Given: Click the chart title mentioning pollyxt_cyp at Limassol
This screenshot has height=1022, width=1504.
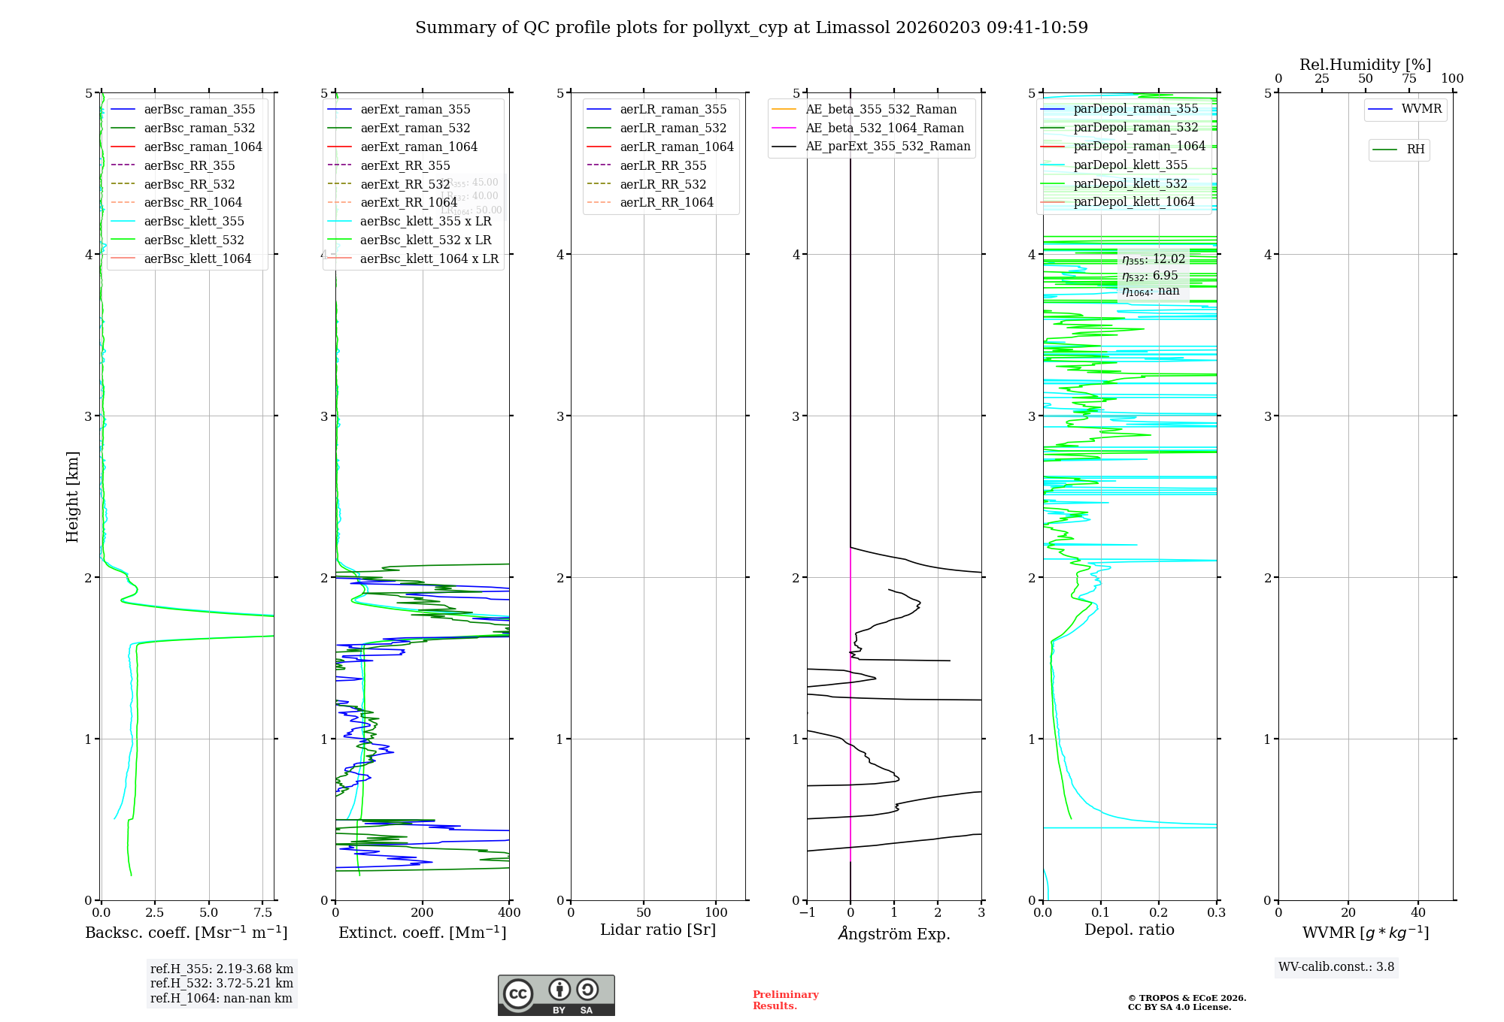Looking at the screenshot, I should click(751, 28).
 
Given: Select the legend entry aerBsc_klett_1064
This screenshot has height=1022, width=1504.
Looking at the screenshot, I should click(197, 259).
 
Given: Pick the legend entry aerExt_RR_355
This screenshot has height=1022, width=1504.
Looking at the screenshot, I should click(405, 165).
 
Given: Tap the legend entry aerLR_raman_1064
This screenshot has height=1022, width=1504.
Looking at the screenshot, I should click(676, 147).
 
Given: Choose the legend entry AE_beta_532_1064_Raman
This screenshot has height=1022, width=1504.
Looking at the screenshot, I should click(884, 128).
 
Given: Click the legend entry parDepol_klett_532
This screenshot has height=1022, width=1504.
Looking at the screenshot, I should click(1130, 183).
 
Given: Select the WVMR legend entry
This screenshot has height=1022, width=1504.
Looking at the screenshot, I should click(1421, 109).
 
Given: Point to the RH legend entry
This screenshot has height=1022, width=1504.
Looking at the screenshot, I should click(1415, 150).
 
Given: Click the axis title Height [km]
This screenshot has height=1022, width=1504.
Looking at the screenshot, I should click(72, 496).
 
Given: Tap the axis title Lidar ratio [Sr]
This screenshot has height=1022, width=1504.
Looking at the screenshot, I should click(658, 930).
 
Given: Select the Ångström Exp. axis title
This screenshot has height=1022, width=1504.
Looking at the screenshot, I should click(894, 933).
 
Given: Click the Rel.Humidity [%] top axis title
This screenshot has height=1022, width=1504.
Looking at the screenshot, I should click(1365, 65).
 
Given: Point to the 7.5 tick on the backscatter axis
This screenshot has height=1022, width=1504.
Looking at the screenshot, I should click(263, 912).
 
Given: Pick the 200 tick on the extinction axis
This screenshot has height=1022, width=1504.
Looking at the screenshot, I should click(423, 912).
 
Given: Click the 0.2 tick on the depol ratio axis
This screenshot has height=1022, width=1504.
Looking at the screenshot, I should click(1159, 912).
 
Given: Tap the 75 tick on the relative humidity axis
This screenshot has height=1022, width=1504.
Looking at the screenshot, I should click(1408, 78).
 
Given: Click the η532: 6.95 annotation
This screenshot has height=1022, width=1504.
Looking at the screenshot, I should click(1150, 276).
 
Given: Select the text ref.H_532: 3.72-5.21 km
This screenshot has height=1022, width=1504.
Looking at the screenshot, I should click(222, 983).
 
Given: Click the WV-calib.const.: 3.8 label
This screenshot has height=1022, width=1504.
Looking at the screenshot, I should click(1336, 966).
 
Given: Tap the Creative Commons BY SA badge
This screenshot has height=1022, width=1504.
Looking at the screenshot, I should click(556, 995).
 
